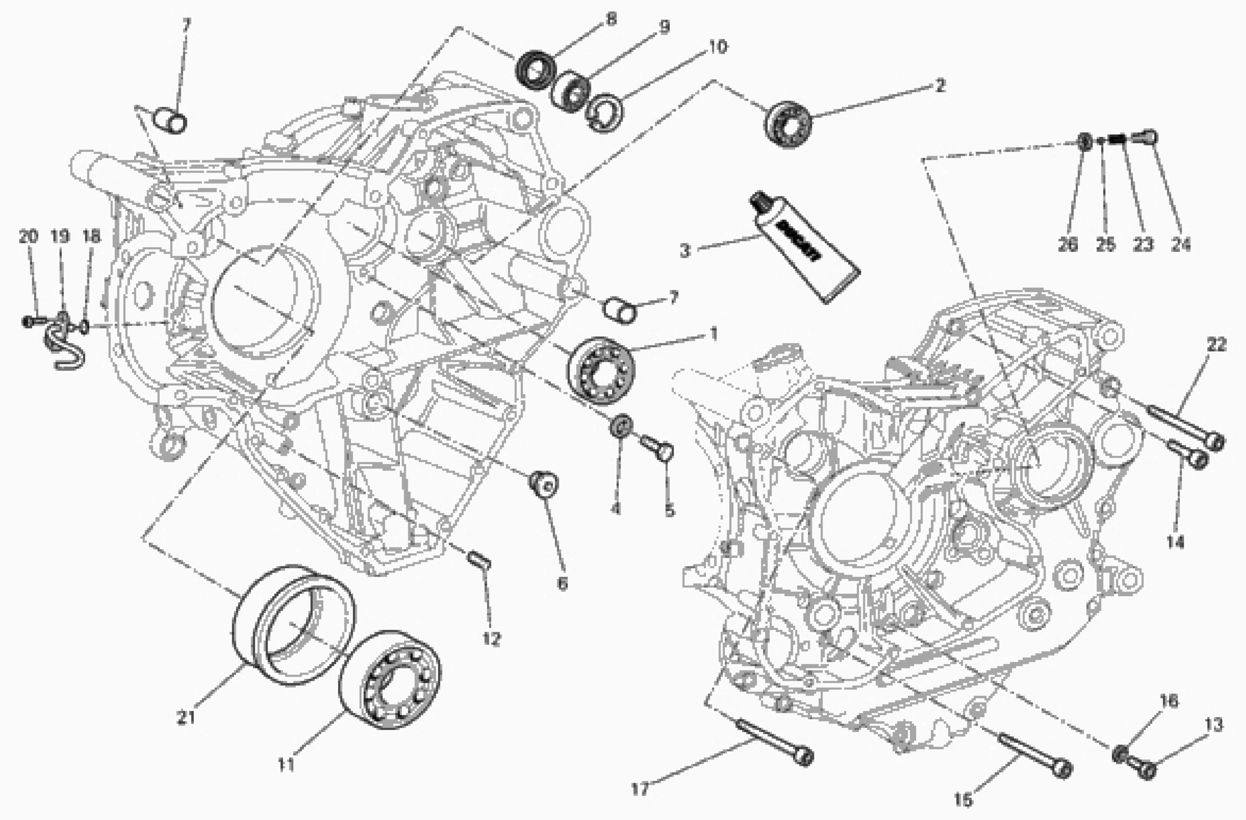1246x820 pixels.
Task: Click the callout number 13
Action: point(1214,725)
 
